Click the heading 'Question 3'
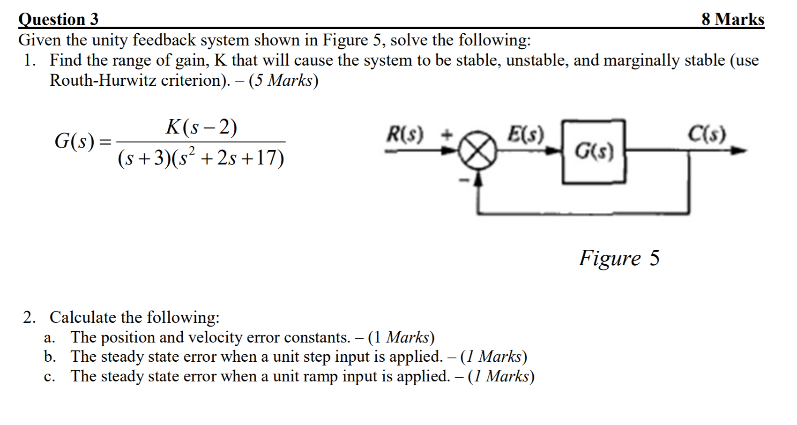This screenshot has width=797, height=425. point(59,19)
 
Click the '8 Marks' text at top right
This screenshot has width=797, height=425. point(732,19)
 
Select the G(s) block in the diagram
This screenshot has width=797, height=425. point(594,151)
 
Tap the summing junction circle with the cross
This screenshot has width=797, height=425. point(478,151)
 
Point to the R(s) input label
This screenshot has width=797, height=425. point(405,135)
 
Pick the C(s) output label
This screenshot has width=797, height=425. point(707,135)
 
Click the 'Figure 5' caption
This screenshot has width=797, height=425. point(619,258)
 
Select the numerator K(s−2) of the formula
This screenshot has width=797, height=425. point(201,127)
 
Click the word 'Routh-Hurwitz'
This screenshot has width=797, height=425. point(103,81)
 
